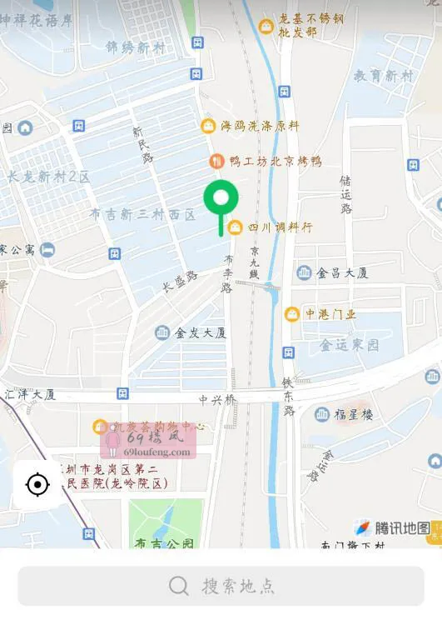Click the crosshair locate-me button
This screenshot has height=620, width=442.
(37, 484)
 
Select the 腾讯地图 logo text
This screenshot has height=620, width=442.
(402, 528)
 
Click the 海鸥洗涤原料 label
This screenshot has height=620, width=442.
(260, 126)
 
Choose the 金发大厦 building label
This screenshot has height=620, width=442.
(201, 332)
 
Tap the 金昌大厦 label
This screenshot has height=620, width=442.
(342, 272)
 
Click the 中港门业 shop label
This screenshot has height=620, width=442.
(330, 314)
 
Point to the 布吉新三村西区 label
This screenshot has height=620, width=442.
(142, 214)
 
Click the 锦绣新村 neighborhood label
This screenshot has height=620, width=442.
(135, 48)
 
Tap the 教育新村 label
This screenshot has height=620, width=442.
(383, 75)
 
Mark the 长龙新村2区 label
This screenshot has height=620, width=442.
(48, 177)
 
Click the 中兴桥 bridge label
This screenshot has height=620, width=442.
(217, 399)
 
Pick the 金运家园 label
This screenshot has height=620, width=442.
(350, 344)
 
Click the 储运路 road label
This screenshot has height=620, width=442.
(345, 194)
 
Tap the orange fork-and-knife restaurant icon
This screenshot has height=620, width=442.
(216, 161)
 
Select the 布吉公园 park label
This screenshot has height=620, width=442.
(165, 543)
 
